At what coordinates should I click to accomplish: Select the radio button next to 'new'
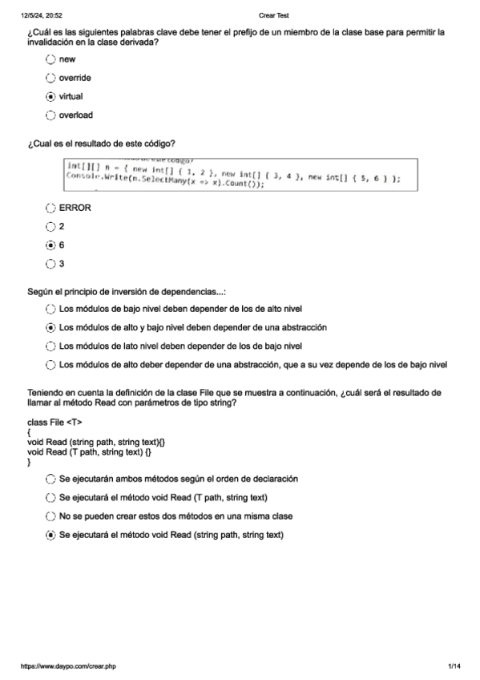tap(51, 59)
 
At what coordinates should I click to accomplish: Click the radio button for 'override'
tap(51, 78)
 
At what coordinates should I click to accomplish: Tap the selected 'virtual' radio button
tap(51, 96)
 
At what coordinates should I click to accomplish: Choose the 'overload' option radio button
tap(51, 115)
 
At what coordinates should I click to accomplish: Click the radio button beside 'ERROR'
tap(51, 208)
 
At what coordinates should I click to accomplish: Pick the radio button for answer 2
tap(51, 226)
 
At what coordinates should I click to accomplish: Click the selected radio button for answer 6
tap(51, 245)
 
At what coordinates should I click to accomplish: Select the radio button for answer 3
tap(51, 263)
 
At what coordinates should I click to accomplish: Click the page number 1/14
tap(454, 666)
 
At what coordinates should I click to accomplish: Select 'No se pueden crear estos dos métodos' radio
tap(51, 516)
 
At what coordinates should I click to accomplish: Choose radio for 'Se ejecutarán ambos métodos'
tap(51, 479)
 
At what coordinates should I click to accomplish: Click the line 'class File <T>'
tap(54, 422)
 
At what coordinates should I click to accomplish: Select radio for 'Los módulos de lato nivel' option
tap(51, 346)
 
